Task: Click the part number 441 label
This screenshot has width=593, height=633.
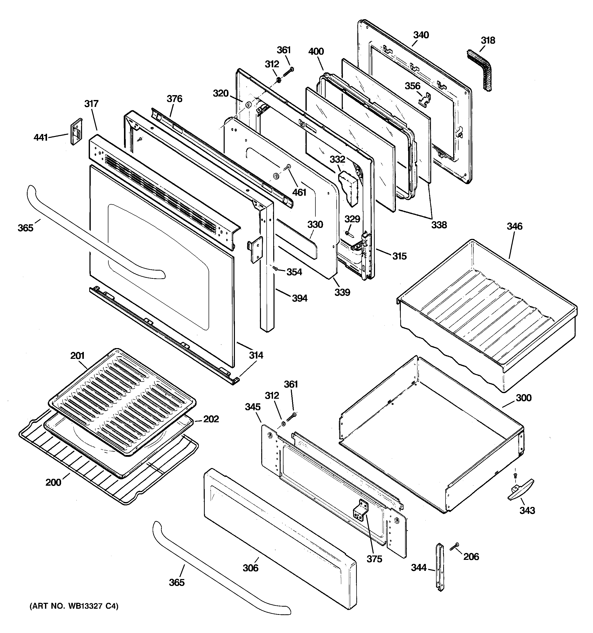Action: pos(41,138)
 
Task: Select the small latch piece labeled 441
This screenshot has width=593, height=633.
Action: pos(76,131)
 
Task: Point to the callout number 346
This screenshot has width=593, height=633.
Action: pos(514,226)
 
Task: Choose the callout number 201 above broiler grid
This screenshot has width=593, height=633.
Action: pos(77,356)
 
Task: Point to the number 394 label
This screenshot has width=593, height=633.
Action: pos(300,298)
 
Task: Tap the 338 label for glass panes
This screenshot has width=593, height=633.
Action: pos(439,225)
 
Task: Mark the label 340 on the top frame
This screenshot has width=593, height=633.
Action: pos(421,35)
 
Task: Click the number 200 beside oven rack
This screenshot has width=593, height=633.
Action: pos(53,482)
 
